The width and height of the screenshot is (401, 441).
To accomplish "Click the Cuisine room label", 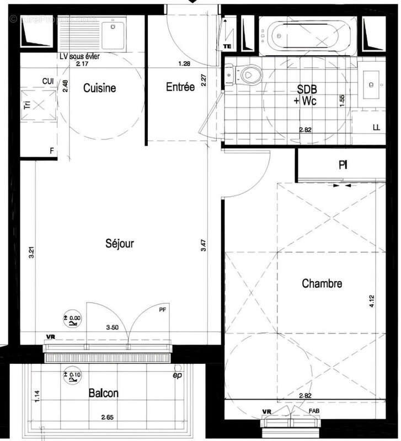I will [x=99, y=88].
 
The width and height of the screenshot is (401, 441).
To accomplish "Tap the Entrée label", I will [x=180, y=87].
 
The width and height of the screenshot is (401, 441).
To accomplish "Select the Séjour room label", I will [x=120, y=243].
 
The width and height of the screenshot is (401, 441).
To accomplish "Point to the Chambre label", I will [x=322, y=284].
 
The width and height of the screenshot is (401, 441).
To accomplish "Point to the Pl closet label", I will [x=343, y=165].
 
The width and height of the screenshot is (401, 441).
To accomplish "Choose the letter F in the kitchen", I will [x=51, y=150].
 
